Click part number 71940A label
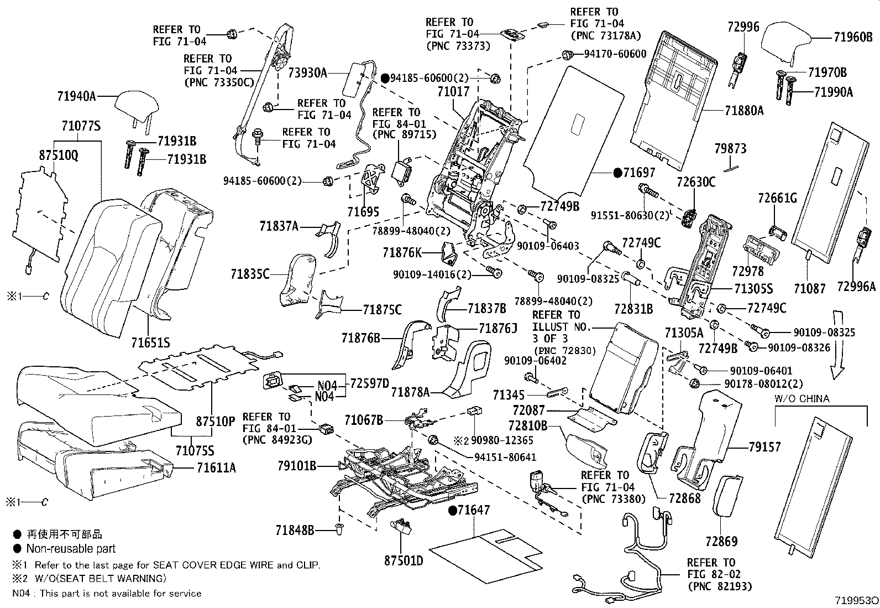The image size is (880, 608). [76, 96]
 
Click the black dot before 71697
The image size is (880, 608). [617, 173]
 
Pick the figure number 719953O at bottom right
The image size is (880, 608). [856, 600]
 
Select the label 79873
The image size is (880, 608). [730, 148]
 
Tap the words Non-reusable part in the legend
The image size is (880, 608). [71, 549]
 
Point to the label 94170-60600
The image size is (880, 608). [615, 54]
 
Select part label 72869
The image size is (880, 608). [721, 540]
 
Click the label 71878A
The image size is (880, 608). [410, 392]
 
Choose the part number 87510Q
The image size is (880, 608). [59, 155]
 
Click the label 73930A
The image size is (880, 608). [307, 72]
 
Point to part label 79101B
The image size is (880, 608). [297, 466]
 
